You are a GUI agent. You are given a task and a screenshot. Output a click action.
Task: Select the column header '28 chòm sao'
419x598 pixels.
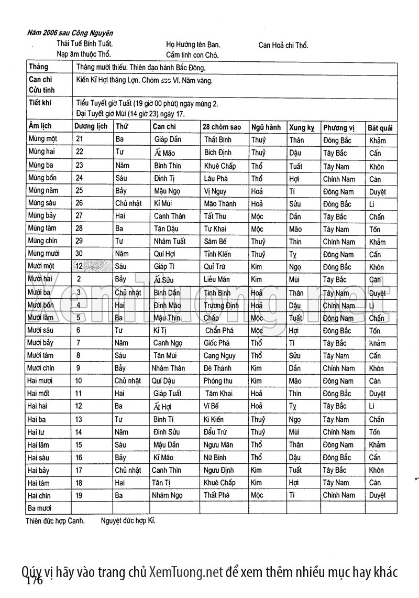click(222, 127)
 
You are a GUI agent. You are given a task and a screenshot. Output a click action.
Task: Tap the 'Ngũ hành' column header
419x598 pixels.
click(266, 127)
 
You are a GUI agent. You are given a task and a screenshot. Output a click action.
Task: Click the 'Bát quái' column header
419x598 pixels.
click(380, 128)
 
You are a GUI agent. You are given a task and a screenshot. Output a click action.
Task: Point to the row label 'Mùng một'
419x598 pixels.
click(43, 139)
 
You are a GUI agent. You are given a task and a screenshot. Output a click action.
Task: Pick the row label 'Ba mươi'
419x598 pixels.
click(41, 508)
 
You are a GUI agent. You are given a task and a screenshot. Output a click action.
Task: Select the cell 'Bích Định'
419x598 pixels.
click(218, 153)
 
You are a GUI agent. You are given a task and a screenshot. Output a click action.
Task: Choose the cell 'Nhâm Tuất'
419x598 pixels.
click(170, 242)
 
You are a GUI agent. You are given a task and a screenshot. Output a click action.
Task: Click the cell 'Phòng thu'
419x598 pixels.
click(218, 381)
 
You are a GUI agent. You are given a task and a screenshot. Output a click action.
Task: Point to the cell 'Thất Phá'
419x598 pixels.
click(217, 495)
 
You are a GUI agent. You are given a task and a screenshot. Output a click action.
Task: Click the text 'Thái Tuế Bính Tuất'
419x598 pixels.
click(85, 45)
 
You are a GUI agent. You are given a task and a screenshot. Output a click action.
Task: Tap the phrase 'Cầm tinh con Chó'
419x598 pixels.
click(192, 55)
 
